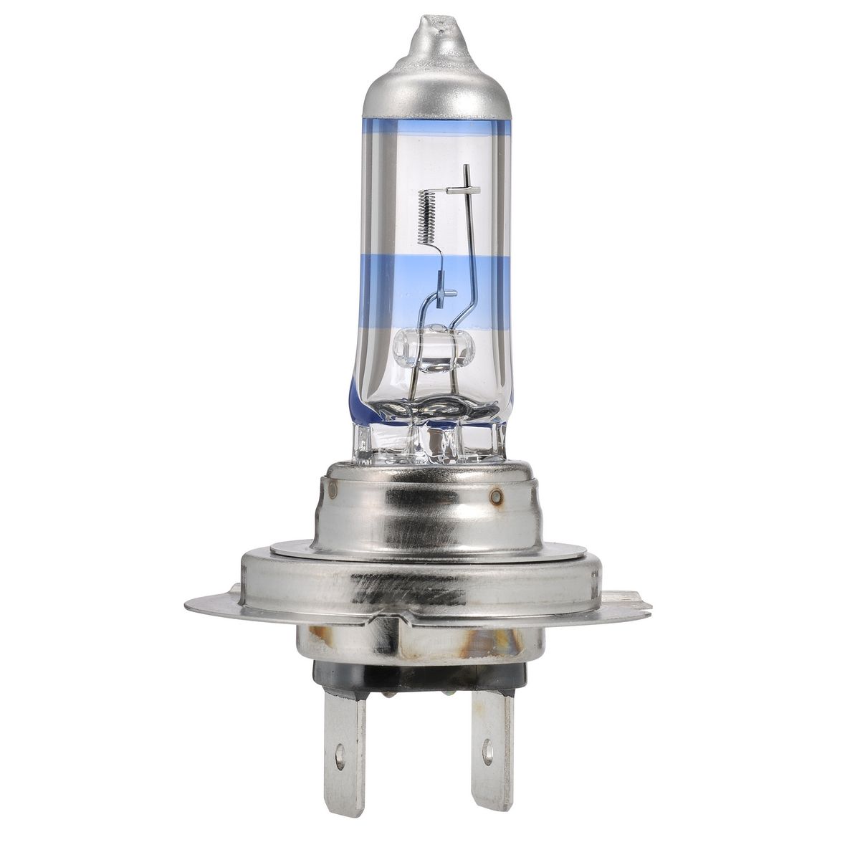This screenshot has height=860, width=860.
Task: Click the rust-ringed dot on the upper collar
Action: (x=495, y=497)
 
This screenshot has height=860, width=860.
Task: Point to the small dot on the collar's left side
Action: (x=333, y=490)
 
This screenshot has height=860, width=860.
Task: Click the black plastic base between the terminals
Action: (x=416, y=677)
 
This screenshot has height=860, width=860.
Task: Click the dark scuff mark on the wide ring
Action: (x=408, y=591)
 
